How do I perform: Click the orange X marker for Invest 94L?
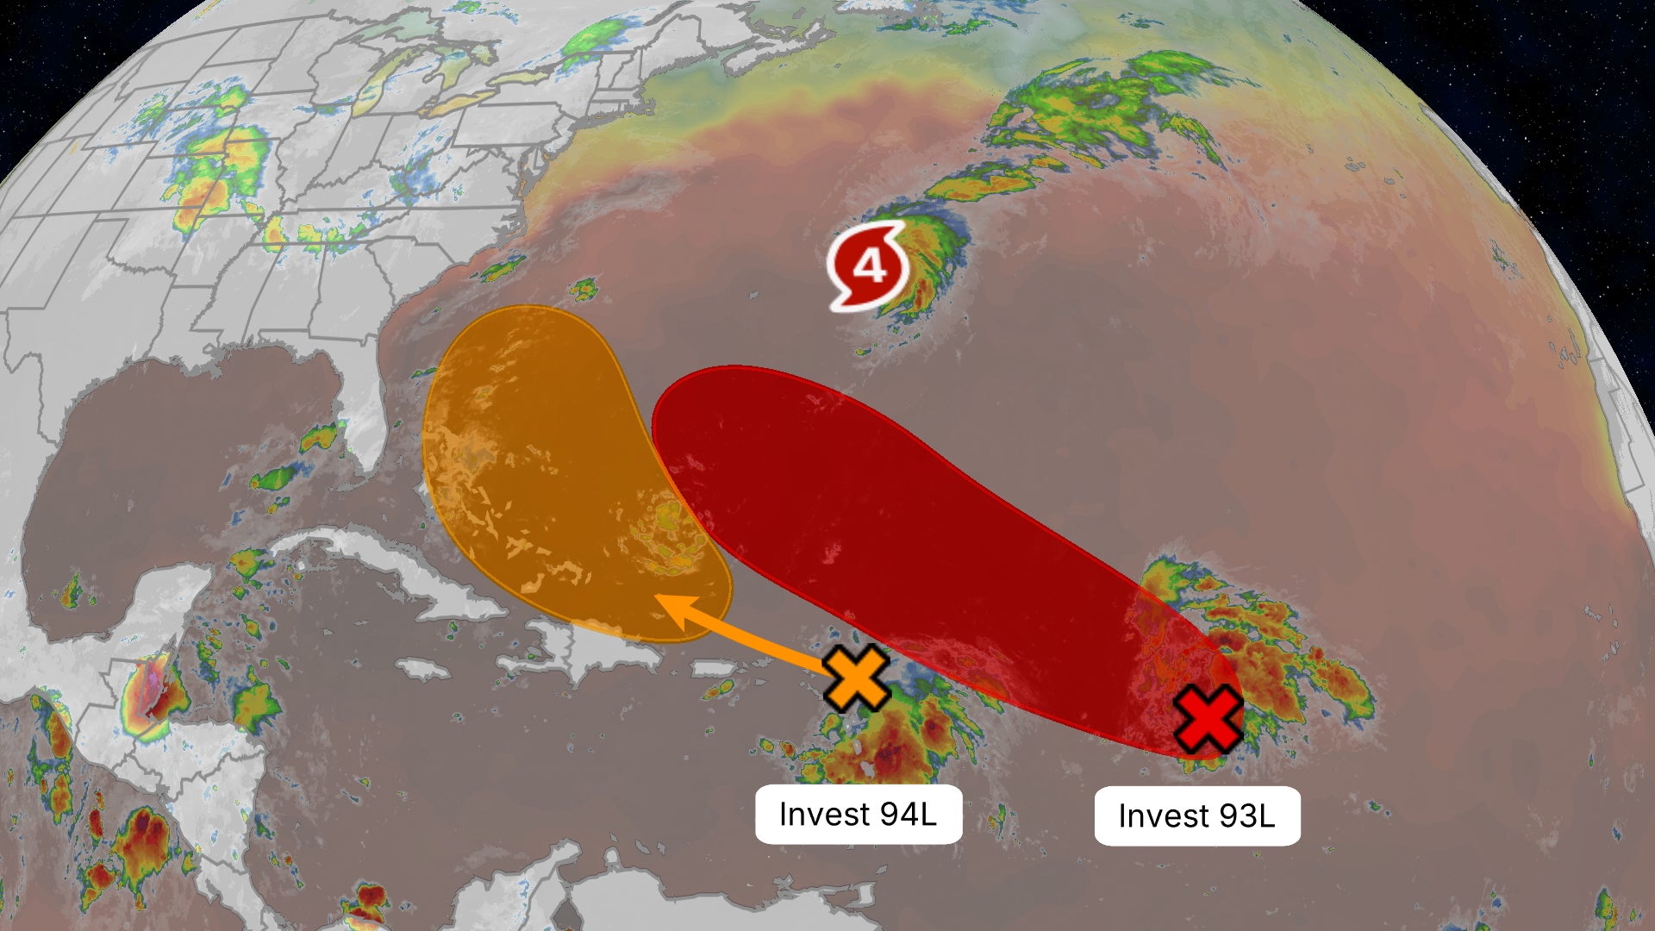(856, 678)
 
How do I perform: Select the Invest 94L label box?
(859, 814)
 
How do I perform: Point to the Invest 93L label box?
(1196, 815)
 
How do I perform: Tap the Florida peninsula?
(362, 414)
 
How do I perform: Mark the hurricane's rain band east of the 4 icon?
(935, 259)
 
